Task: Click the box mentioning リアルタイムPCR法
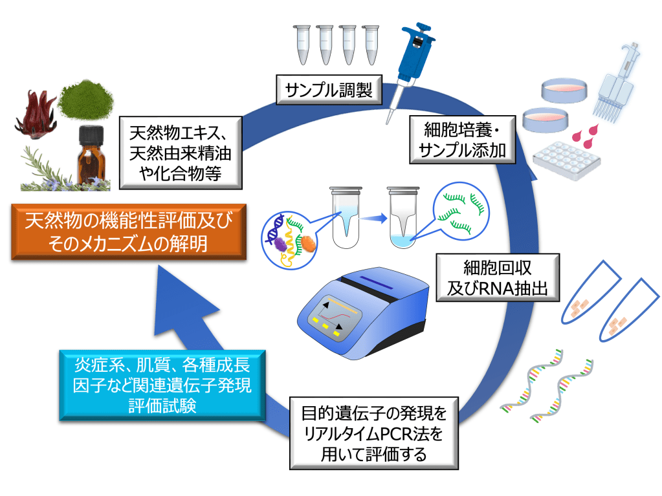pyautogui.click(x=374, y=433)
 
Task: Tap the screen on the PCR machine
pyautogui.click(x=338, y=315)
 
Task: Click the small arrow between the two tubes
pyautogui.click(x=370, y=218)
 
